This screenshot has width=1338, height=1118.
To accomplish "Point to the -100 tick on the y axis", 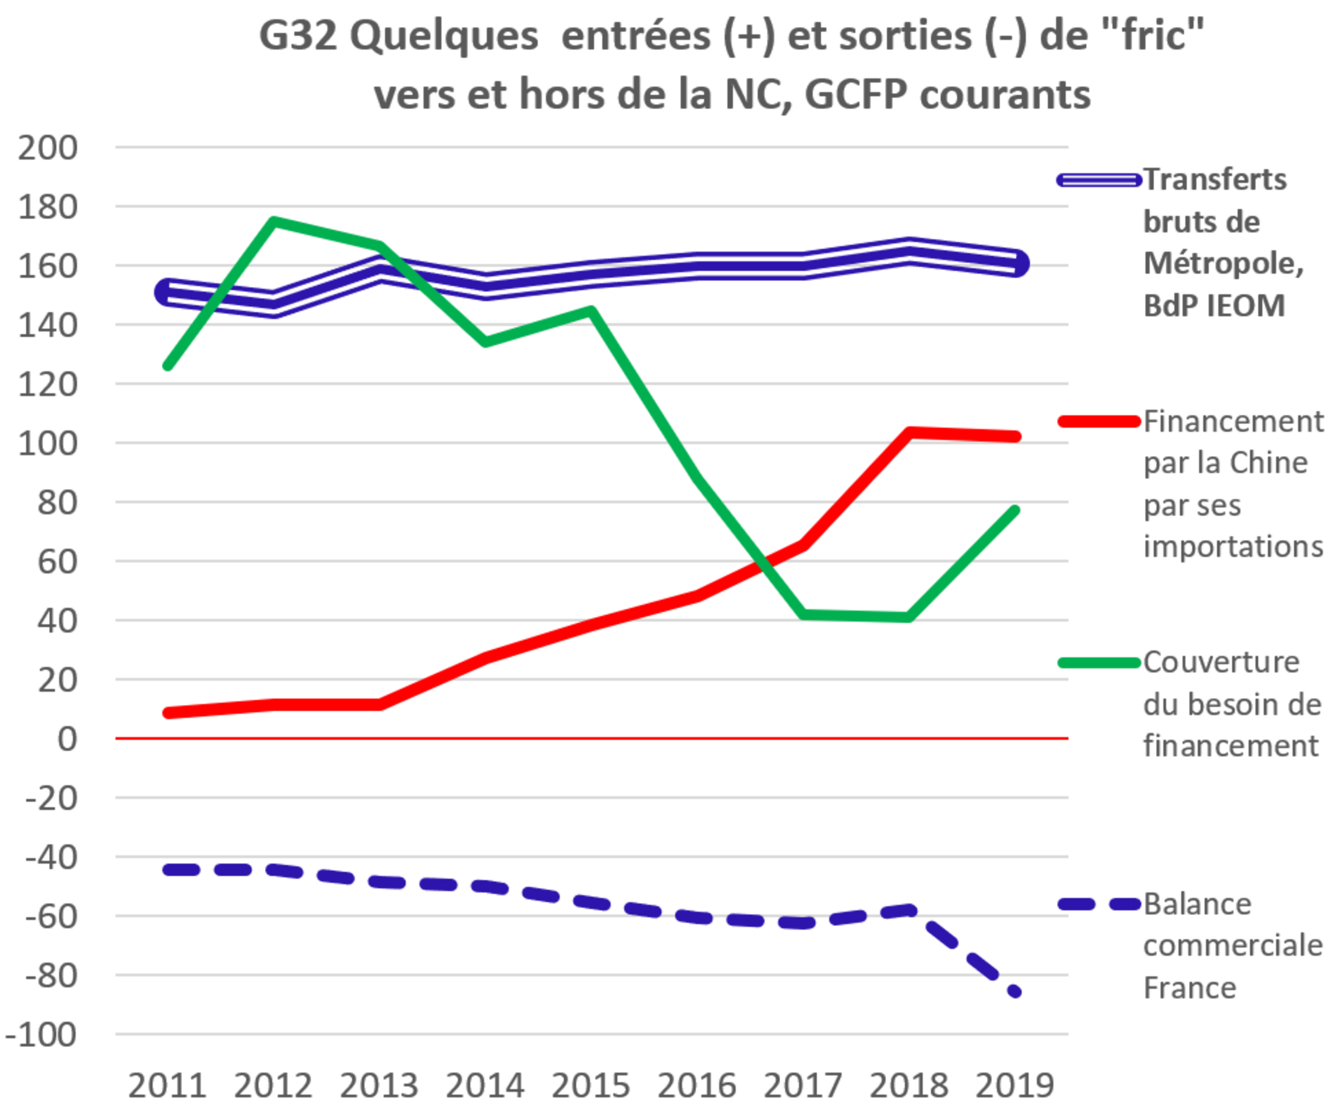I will pyautogui.click(x=41, y=1034).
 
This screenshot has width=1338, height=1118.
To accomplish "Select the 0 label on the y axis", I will pyautogui.click(x=67, y=739).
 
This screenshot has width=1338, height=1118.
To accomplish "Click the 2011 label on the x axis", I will pyautogui.click(x=168, y=1085).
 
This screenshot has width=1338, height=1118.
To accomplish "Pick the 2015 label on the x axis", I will pyautogui.click(x=591, y=1085).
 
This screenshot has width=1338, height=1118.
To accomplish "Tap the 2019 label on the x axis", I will pyautogui.click(x=1014, y=1085).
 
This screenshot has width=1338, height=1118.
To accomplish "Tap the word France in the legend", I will pyautogui.click(x=1190, y=988).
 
